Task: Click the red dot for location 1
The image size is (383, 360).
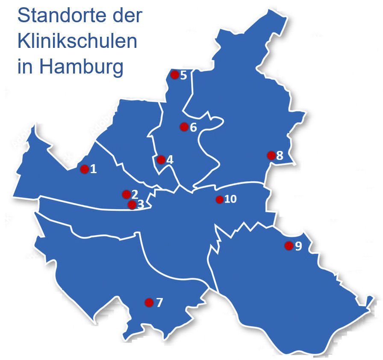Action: click(84, 169)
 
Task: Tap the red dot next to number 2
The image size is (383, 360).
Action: click(126, 195)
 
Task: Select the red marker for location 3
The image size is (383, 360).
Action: click(132, 205)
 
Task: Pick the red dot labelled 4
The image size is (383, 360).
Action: click(161, 160)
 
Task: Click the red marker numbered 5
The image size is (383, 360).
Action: click(174, 75)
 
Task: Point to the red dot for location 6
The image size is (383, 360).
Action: click(184, 127)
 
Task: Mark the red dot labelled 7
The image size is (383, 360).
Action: click(149, 303)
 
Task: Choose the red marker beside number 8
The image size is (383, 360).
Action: click(271, 155)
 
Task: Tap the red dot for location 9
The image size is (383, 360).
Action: click(289, 246)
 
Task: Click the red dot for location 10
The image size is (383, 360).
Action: click(219, 200)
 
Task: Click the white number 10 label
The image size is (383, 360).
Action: click(230, 200)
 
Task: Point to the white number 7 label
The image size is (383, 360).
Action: click(159, 303)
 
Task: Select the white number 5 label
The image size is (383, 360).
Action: click(184, 76)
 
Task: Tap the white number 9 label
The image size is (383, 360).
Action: click(298, 246)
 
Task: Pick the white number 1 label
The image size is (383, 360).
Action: click(94, 169)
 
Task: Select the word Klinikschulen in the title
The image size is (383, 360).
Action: click(77, 42)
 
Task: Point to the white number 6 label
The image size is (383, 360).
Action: click(193, 127)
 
